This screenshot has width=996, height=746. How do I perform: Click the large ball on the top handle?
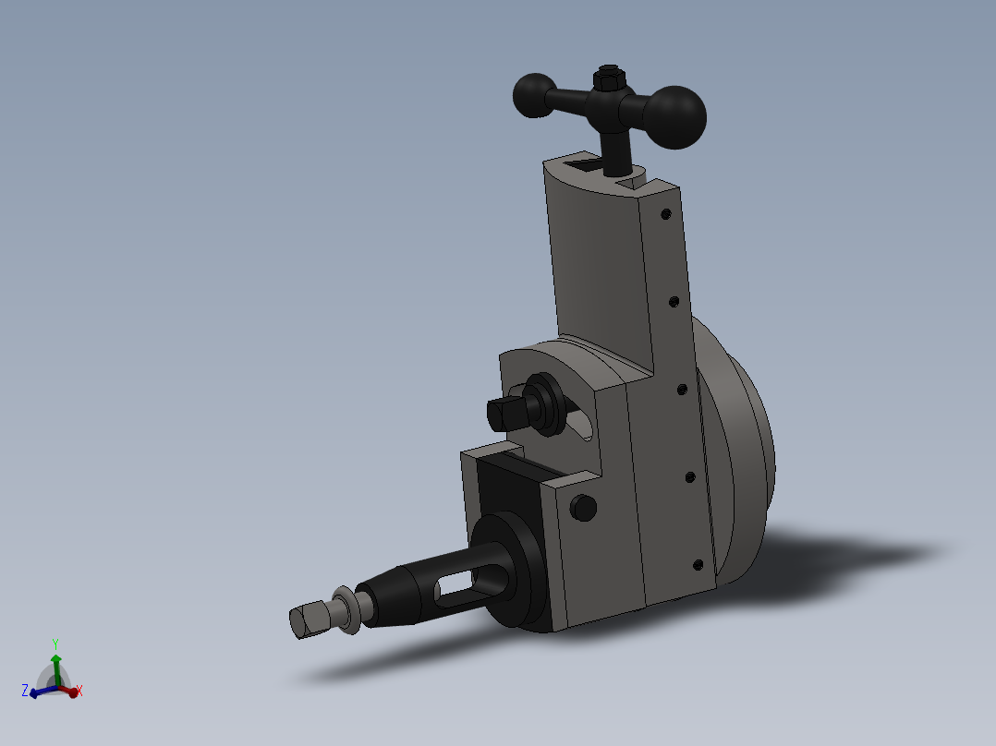(674, 116)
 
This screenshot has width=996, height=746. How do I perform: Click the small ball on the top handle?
(533, 96)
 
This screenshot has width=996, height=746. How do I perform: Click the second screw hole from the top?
(674, 301)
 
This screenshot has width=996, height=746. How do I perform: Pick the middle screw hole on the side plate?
(682, 391)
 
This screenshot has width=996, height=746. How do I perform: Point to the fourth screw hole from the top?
(689, 476)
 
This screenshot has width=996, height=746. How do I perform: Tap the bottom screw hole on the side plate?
(698, 564)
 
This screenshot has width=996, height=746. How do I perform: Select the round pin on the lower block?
(583, 507)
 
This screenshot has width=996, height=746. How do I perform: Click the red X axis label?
(79, 691)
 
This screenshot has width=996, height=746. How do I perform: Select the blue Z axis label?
(25, 690)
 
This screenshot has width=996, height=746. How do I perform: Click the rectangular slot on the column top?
(583, 165)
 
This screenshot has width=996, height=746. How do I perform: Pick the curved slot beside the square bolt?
(580, 423)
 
